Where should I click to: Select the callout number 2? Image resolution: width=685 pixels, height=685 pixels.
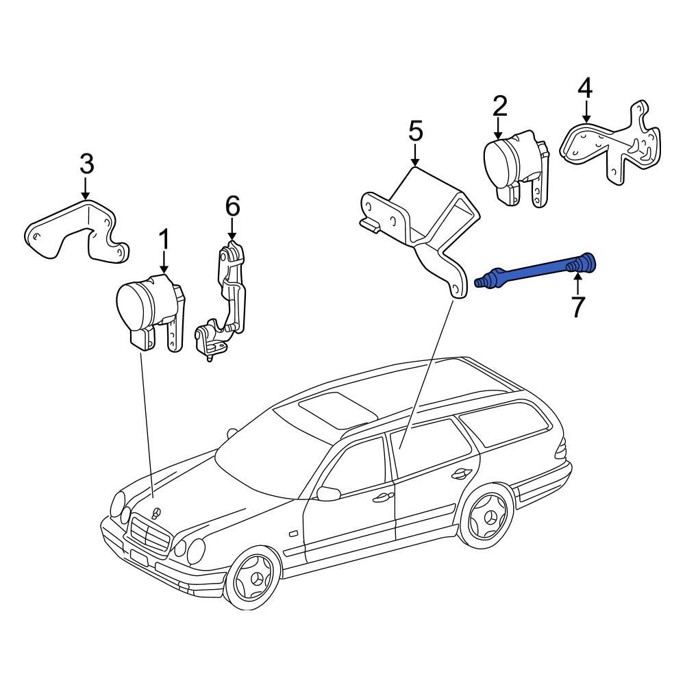pos(499,106)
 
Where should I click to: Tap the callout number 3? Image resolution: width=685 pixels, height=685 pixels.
pos(86,164)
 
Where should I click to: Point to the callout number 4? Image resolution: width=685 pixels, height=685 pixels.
pos(584,88)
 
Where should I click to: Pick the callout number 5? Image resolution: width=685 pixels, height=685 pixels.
pos(416,131)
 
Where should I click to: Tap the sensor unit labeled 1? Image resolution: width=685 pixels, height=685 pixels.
pos(147,308)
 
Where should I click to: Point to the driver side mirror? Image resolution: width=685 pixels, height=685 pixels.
pos(329,493)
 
